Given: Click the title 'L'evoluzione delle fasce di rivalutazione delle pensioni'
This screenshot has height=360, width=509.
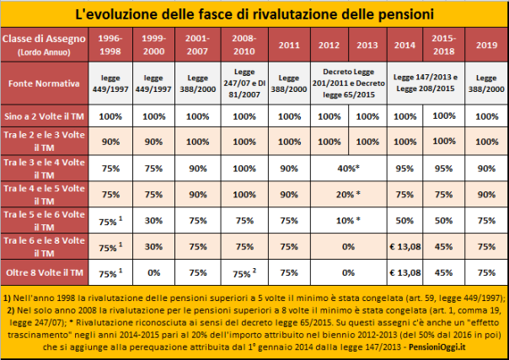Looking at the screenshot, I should pyautogui.click(x=254, y=14).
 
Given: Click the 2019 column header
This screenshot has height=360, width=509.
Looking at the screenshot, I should pyautogui.click(x=485, y=45).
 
